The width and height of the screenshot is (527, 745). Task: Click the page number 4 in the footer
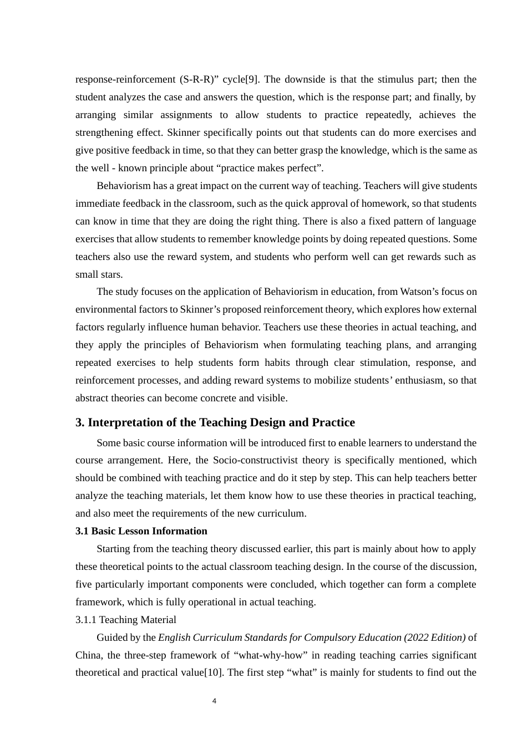click(x=215, y=701)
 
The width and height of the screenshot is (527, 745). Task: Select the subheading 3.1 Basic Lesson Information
click(x=141, y=531)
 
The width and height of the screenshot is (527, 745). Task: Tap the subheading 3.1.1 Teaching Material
click(x=126, y=620)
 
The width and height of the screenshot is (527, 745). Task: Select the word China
click(x=88, y=655)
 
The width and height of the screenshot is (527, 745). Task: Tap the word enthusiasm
click(x=428, y=380)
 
